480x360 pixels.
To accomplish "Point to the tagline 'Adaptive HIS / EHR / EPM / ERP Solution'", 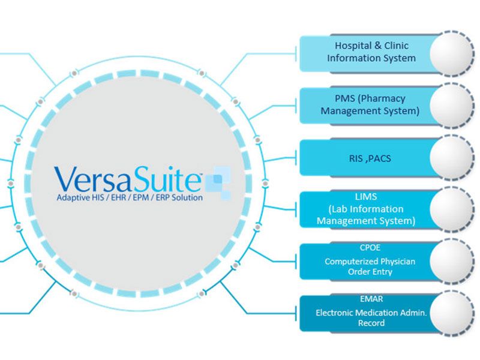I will click(130, 197).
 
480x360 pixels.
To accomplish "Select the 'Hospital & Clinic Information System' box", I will click(366, 52).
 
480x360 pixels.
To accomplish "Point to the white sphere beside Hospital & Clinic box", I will click(452, 53).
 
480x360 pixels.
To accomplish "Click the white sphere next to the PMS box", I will click(452, 105).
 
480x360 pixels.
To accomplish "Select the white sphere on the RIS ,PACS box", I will click(452, 158).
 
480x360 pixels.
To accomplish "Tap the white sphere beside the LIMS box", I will click(452, 210).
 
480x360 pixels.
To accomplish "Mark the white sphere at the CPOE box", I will click(452, 262).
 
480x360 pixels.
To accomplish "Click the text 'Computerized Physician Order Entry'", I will click(370, 266).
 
